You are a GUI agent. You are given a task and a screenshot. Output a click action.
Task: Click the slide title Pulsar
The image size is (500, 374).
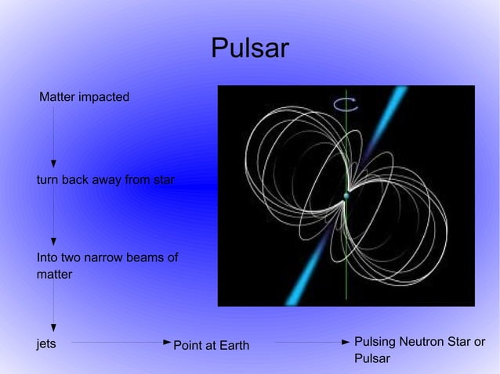coord(249,49)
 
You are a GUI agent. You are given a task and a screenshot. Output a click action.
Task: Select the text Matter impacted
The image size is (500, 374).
coord(85,98)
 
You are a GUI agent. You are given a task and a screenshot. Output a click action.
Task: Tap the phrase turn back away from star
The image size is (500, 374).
coord(105,181)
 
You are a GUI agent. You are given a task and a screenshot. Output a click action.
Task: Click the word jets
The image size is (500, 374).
coord(46,343)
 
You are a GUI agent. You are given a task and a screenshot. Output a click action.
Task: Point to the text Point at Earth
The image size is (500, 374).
coord(211,346)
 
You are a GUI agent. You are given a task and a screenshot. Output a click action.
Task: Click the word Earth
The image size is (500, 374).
coord(233,346)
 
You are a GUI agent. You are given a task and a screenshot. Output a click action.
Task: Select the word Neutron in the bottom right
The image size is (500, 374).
coord(423,343)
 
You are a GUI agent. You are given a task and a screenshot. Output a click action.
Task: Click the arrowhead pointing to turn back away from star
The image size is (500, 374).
coord(53,163)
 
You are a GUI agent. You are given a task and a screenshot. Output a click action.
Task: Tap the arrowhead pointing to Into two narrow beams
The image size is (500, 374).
coord(53,242)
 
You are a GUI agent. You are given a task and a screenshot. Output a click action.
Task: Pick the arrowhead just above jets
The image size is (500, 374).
coord(53,329)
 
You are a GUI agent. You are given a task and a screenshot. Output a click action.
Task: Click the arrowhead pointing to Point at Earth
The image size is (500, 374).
coord(167,343)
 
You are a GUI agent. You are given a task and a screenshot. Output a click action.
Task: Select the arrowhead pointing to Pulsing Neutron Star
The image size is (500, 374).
coord(346,343)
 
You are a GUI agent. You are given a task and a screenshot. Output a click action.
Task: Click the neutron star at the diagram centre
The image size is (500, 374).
coord(346,196)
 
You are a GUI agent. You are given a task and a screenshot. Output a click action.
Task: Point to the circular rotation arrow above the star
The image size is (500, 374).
coord(346,104)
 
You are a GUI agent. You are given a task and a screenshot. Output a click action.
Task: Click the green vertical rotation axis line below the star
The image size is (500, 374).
coord(346,258)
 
